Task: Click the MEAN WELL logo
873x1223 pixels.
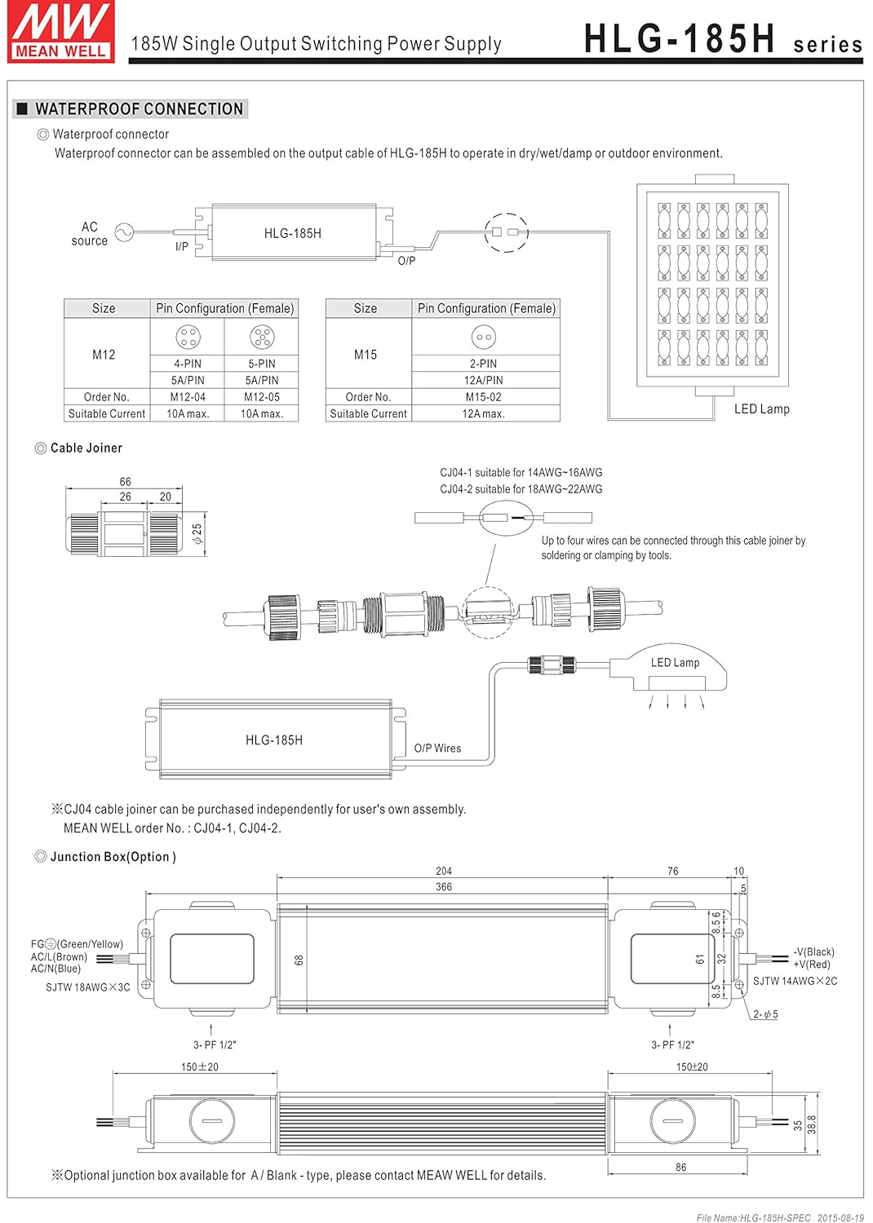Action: click(61, 32)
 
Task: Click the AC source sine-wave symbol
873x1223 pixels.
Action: click(124, 233)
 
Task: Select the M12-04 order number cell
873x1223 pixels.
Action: click(188, 397)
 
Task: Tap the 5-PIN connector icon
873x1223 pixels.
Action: click(262, 336)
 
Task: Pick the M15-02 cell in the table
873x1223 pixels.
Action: click(483, 397)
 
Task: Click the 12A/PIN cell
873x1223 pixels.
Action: click(483, 380)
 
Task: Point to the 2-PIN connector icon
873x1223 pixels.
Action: click(483, 336)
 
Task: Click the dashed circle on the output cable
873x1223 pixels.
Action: click(506, 232)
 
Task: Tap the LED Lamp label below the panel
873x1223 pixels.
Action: click(761, 409)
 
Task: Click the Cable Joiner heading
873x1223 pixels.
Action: click(86, 448)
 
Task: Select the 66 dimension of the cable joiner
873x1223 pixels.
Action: click(125, 482)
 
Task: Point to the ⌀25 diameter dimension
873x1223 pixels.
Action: click(197, 534)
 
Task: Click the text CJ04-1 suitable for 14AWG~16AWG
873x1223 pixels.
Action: click(521, 472)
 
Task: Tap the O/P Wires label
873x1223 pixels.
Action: click(437, 748)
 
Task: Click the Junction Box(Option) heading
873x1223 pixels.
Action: click(113, 857)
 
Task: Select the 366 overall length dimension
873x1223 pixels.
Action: click(443, 886)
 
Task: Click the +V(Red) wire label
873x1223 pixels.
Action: click(811, 964)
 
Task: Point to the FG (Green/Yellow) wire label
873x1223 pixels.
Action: click(77, 944)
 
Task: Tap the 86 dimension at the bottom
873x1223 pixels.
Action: click(680, 1168)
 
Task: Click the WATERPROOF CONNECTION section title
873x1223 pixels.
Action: click(139, 109)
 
